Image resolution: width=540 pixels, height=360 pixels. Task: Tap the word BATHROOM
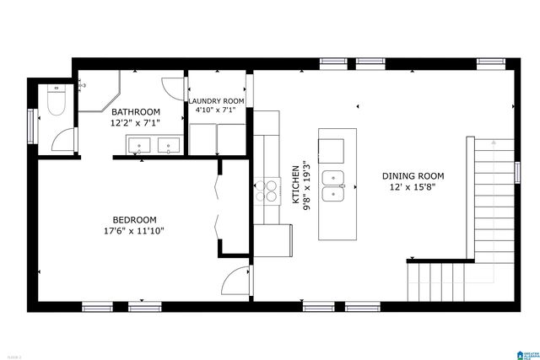pos(136,112)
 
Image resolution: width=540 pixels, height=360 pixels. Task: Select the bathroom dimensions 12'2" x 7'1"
pos(136,123)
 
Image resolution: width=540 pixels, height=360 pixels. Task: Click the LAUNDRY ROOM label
pos(217,100)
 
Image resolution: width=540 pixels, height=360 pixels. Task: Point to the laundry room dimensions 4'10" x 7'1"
pos(217,110)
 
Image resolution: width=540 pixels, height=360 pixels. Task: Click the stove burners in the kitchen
pos(268,190)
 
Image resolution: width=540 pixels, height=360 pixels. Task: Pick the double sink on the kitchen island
pos(337,187)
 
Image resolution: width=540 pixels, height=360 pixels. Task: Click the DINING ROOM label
pos(413,176)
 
